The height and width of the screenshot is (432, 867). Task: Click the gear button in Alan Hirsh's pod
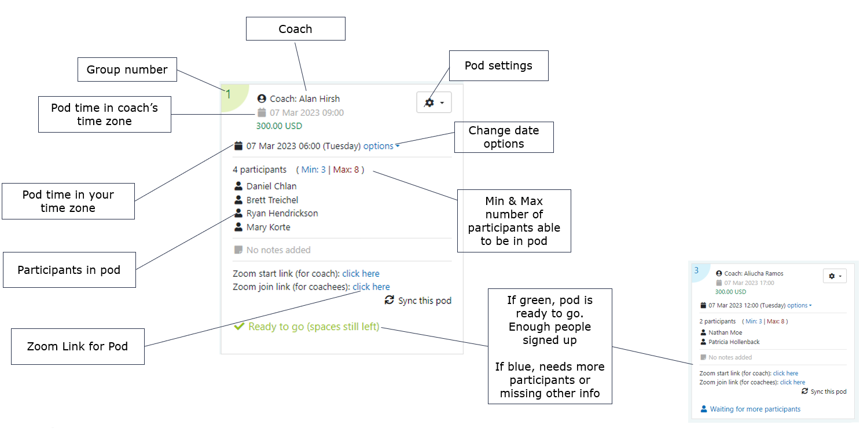[433, 102]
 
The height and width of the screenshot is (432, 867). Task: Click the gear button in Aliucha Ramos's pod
[834, 276]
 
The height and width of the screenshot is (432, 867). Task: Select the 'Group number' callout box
[127, 69]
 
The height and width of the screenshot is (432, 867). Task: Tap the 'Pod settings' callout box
[498, 65]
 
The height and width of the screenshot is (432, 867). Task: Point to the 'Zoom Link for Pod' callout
[78, 347]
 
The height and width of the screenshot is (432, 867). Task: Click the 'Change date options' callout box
[504, 137]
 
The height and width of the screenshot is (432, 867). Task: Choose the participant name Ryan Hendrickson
[282, 213]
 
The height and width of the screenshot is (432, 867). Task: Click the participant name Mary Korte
[268, 227]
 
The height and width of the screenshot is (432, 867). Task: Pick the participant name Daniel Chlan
[271, 186]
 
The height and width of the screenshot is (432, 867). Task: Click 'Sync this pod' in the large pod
[424, 301]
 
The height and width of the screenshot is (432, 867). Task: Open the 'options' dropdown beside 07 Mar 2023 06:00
[381, 146]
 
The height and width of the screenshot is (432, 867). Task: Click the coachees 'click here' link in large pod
[371, 287]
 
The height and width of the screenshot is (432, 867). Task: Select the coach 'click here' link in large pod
[361, 273]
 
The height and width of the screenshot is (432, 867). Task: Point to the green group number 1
[229, 94]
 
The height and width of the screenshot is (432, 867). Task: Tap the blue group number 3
[696, 270]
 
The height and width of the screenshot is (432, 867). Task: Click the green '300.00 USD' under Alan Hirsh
[279, 126]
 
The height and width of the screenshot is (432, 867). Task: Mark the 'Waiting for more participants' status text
[755, 409]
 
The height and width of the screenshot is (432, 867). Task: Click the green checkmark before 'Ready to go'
[238, 327]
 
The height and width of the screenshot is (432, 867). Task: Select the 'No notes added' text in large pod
[278, 250]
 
